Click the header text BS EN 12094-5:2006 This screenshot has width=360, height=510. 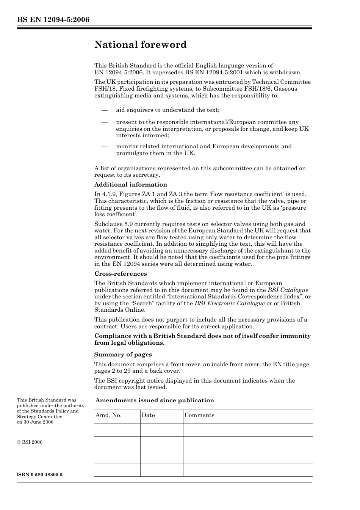pos(53,20)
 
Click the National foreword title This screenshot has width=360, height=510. pos(140,45)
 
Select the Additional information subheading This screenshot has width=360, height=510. pos(130,185)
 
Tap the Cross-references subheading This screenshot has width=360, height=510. pos(121,274)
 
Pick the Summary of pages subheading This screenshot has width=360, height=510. pos(123,355)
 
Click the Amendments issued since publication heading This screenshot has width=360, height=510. pos(155,400)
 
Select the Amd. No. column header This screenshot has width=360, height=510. pos(108,415)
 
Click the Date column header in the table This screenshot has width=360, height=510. pos(148,415)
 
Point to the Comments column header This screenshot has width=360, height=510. pos(199,415)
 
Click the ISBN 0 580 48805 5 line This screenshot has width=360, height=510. pos(40,475)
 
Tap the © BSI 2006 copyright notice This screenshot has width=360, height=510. pos(30,442)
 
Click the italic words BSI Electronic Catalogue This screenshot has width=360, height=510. pos(230,303)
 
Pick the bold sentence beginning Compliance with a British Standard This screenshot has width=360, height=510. pos(202,339)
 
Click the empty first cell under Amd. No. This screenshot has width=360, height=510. pos(117,430)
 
